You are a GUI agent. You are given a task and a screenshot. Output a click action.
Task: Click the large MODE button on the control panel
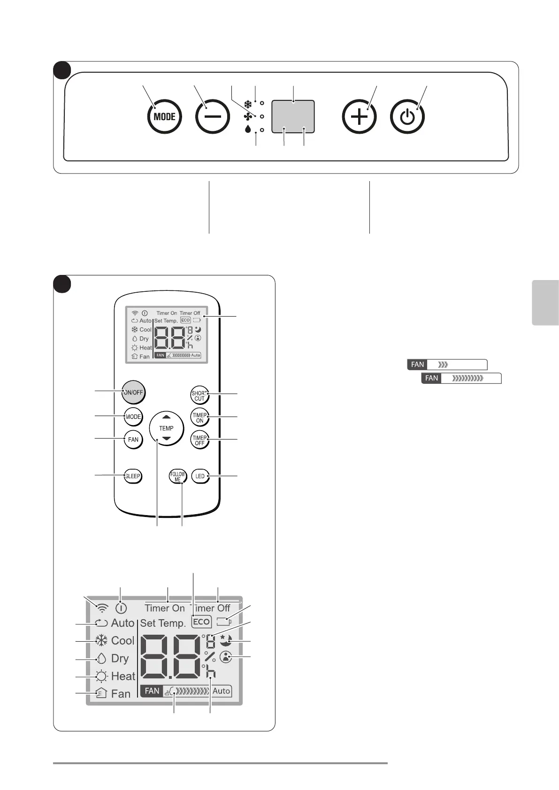coord(164,117)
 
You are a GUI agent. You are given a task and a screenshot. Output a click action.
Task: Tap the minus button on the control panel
coord(212,117)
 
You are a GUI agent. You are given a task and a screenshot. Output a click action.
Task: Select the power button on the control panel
coord(407,117)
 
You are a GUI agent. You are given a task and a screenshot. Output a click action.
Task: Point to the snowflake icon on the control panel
coord(248,103)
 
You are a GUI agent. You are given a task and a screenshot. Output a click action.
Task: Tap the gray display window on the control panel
coord(293,116)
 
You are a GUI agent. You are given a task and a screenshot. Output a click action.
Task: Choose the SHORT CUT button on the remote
coord(199,396)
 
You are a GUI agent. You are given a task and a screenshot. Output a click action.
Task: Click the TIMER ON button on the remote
coord(199,418)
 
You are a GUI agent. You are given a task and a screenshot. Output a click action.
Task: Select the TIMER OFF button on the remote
coord(199,440)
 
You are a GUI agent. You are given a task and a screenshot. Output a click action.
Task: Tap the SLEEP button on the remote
coord(133,476)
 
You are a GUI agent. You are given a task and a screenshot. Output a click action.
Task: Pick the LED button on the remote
coord(200,476)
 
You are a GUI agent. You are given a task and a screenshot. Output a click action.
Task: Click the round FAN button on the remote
coord(133,440)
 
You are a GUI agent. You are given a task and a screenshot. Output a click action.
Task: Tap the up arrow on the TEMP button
coord(166,417)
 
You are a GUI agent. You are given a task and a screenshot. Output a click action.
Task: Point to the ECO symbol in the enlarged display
coord(201,622)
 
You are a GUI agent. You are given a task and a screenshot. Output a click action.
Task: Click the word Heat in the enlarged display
coord(123,676)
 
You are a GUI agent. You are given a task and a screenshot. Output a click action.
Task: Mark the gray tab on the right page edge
coord(545,303)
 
